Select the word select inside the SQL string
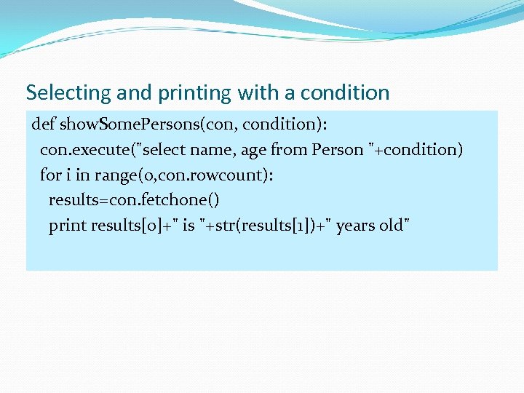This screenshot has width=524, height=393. point(172,149)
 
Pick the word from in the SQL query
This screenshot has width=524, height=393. point(289,149)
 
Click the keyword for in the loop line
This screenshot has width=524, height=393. point(51,175)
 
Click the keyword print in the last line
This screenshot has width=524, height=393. point(68,226)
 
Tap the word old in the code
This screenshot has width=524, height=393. point(392,226)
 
